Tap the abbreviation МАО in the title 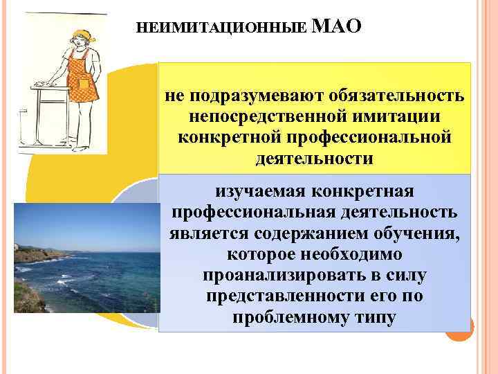tap(337, 28)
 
